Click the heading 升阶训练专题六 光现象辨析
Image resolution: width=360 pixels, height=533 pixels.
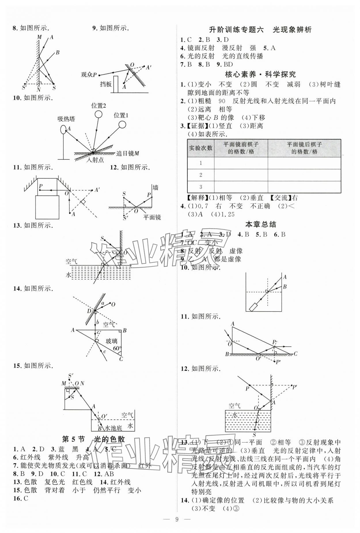pos(260,30)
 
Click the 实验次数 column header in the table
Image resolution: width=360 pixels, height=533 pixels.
pos(201,148)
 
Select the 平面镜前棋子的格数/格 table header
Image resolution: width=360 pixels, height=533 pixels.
pos(241,148)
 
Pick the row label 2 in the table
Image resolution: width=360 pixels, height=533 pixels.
pos(201,175)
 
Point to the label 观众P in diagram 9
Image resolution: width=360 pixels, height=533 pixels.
pos(89,75)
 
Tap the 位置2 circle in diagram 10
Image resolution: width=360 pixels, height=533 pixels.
pos(98,114)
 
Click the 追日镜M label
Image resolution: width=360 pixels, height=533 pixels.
pos(128,154)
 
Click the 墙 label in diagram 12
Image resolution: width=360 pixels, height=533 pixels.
pos(156,188)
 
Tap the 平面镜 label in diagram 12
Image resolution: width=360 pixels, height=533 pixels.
pos(152,217)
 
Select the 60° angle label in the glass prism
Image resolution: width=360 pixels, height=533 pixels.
pos(117,349)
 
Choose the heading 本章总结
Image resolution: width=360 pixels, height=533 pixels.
pos(261,224)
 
